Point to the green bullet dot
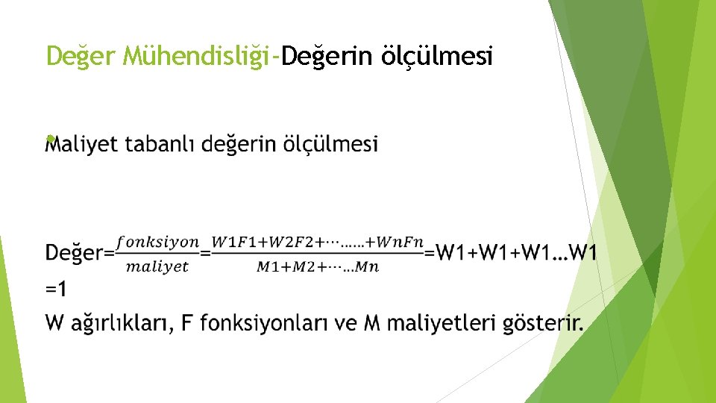point(49,139)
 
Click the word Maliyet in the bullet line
point(81,143)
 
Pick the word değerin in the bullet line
point(239,143)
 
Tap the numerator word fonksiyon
point(157,242)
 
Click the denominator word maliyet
point(157,266)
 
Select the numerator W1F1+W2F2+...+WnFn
point(318,242)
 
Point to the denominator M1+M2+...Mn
point(318,267)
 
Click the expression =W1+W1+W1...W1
point(511,252)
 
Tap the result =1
point(56,288)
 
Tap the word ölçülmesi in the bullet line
point(330,143)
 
